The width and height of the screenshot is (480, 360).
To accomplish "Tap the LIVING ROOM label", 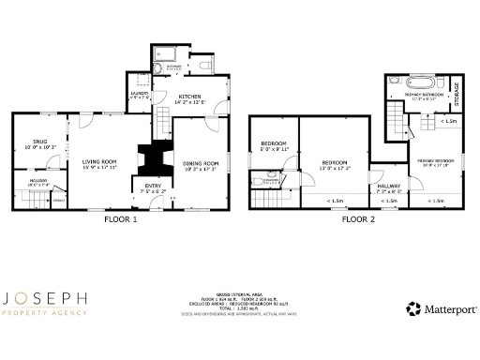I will (x=98, y=161).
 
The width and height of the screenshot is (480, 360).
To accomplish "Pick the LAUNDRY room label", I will (x=139, y=93).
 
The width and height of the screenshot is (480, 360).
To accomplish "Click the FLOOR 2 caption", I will (x=358, y=220).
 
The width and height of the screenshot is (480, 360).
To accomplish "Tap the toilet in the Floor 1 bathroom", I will (x=205, y=64).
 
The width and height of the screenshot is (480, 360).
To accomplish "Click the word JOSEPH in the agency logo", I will (x=45, y=299).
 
